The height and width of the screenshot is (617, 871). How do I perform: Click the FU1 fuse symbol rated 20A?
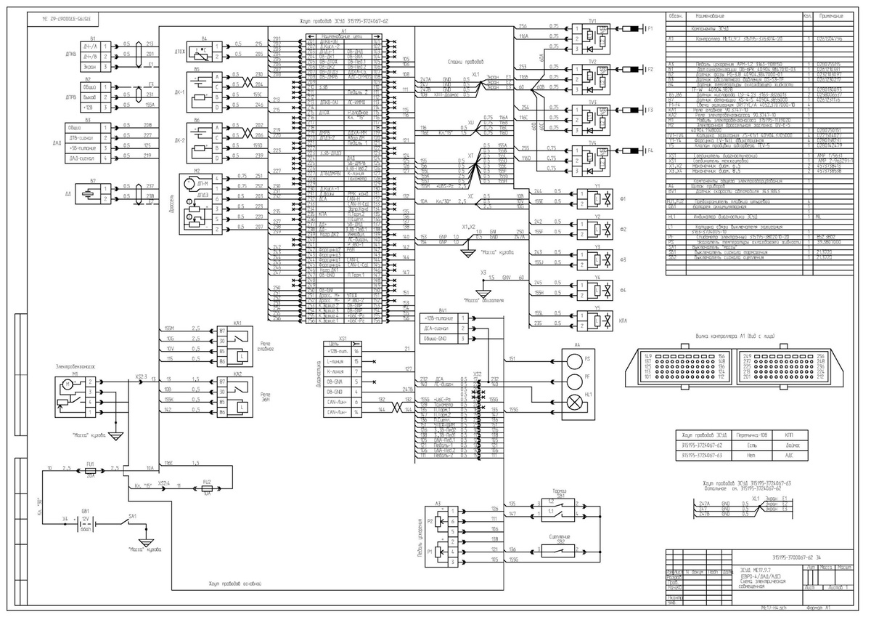[70, 469]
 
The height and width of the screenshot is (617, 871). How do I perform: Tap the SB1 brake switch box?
[560, 508]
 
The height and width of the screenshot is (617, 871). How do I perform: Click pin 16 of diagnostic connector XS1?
[356, 352]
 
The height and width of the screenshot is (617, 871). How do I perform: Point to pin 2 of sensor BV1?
[462, 328]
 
